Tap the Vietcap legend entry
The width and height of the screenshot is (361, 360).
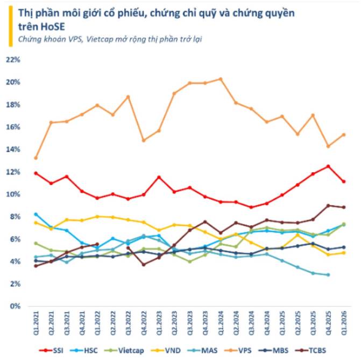[x=124, y=350]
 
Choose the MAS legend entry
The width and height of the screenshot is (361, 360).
[x=203, y=350]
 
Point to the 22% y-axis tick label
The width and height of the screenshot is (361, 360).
[x=13, y=60]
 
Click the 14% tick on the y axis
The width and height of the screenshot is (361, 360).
[x=13, y=150]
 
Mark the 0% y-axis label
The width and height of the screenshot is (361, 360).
[x=15, y=306]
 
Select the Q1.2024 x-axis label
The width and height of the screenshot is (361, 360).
[x=221, y=323]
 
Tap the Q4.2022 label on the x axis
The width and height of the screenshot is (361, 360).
[x=144, y=323]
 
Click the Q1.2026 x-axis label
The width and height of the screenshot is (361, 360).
[x=344, y=323]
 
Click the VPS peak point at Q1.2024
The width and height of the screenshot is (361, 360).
[x=221, y=79]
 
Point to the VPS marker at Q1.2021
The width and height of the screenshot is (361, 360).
[x=36, y=158]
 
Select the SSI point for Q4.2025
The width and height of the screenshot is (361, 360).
[x=329, y=166]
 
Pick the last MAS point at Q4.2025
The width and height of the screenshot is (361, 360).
[x=329, y=275]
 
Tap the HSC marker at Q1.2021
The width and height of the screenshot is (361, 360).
[x=36, y=214]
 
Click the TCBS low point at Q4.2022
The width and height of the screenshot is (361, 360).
[x=144, y=265]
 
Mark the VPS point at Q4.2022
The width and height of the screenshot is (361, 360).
[x=144, y=140]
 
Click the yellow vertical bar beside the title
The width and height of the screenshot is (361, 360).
[x=11, y=26]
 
